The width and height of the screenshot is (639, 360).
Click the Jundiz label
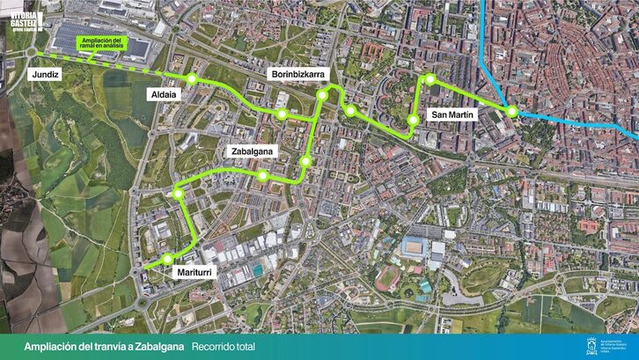45,77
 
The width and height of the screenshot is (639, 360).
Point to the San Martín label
452,114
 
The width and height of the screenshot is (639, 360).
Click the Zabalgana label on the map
253,151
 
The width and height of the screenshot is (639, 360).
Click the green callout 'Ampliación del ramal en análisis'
103,43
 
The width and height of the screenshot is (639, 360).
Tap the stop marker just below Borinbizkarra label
322,95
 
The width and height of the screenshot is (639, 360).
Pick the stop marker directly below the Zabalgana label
261,175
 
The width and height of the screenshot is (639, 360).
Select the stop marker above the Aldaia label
191,77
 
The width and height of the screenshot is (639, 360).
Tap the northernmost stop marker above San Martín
430,79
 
